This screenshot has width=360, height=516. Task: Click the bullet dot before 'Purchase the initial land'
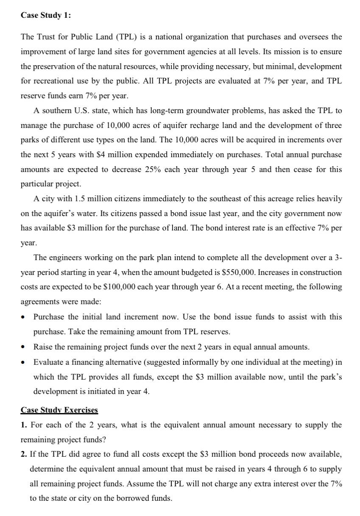tap(24, 317)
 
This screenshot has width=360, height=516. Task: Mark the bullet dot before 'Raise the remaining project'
tap(24, 347)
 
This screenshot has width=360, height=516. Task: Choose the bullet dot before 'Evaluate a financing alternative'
tap(24, 362)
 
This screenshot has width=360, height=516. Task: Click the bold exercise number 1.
tap(23, 424)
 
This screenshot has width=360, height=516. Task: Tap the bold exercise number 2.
tap(23, 454)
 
